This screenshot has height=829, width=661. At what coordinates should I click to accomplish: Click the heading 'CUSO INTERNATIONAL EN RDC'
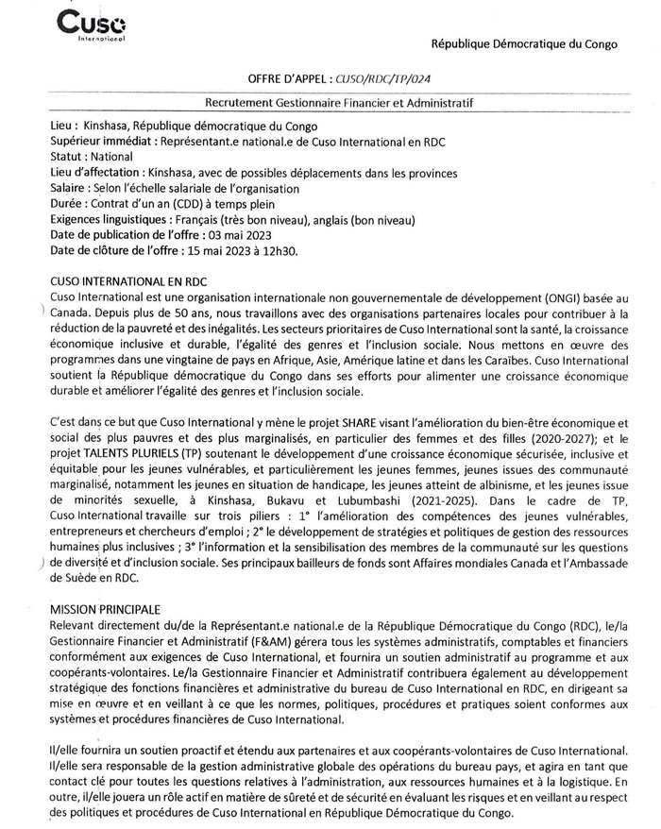(129, 282)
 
